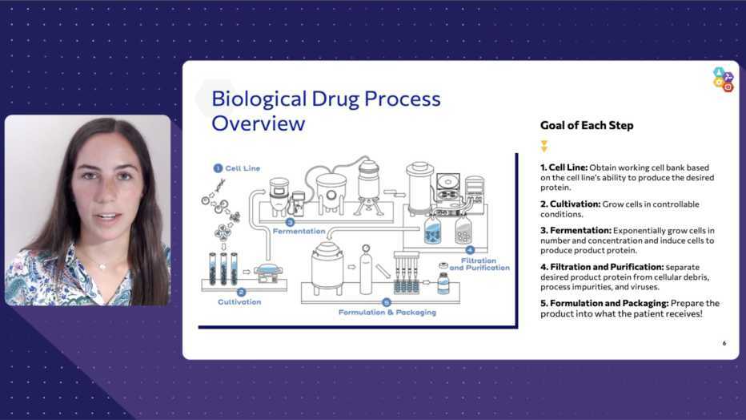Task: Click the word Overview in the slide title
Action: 258,123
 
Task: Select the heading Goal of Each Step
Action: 587,125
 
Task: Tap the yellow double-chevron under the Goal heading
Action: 544,147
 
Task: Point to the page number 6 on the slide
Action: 724,343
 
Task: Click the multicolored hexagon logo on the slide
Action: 723,79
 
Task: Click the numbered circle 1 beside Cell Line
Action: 217,168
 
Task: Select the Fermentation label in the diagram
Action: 297,230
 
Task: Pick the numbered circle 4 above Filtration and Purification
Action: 470,249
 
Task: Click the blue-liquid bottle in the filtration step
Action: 432,232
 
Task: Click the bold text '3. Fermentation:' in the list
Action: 576,231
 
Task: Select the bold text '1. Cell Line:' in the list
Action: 564,168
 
